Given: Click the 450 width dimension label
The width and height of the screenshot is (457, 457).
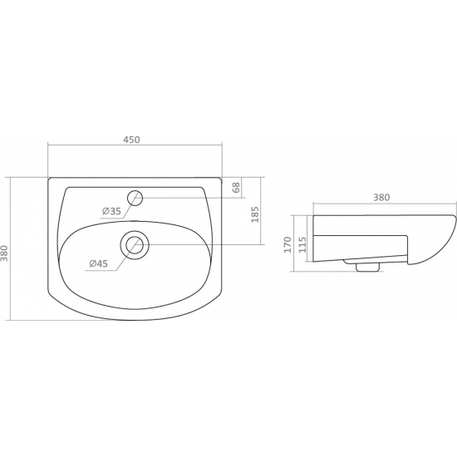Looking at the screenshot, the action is pos(131,140).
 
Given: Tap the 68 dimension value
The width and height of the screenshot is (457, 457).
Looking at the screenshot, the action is pos(236,188).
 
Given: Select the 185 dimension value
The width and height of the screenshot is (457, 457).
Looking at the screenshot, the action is pos(255,214).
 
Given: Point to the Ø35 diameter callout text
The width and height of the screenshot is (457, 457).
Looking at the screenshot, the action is pos(111,211).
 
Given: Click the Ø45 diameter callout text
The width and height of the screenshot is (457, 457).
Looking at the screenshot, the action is pos(99,263).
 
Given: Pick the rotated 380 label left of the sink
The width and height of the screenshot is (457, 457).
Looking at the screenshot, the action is pos(5,253).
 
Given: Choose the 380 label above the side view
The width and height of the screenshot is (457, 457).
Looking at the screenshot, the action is pos(381,198).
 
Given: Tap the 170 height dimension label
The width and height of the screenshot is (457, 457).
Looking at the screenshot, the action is pos(287,245).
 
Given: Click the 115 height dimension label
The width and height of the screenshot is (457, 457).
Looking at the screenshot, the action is pos(302,245).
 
